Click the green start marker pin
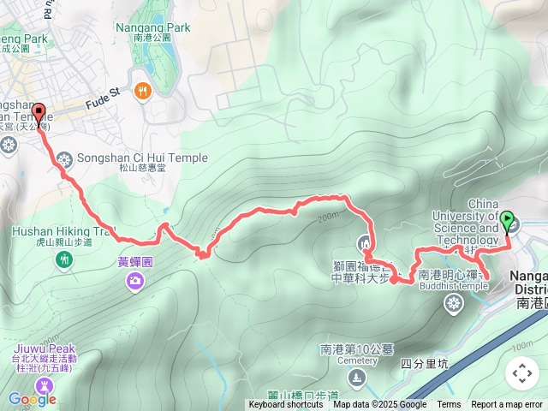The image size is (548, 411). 508,222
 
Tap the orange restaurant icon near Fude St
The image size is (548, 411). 142,90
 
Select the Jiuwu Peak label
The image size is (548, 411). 45,348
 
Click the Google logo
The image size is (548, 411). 32,398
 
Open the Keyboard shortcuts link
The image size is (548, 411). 286,405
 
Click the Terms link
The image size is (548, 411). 449,405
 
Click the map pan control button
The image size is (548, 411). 521,373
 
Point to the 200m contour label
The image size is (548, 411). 327,218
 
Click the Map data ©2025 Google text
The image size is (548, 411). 379,405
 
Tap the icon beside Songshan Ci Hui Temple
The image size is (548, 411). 65,159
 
